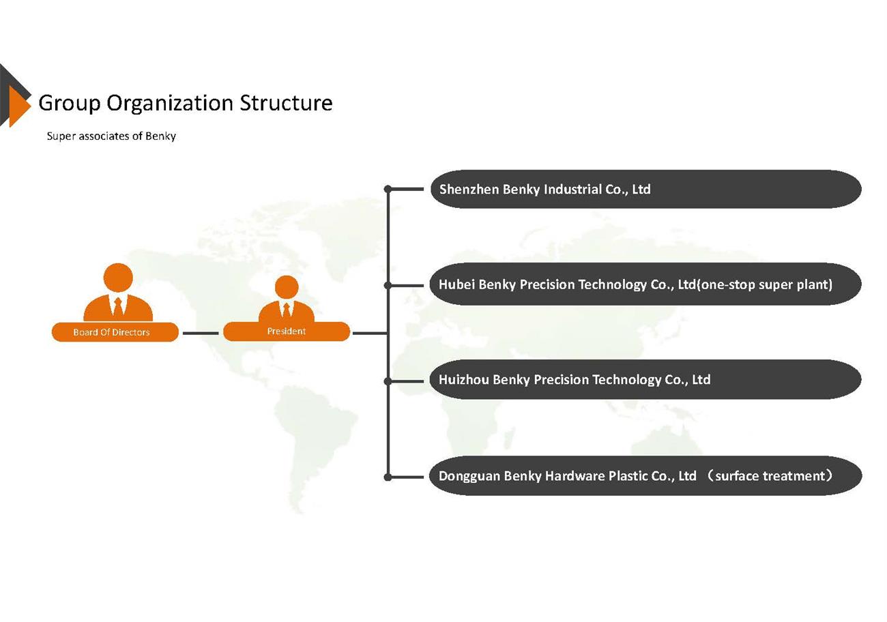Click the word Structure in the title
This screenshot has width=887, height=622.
point(286,103)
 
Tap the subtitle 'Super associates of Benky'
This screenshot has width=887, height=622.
point(111,136)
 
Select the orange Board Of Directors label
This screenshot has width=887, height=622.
point(115,332)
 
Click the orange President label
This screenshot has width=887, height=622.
point(287,331)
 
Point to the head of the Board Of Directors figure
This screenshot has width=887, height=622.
point(118,278)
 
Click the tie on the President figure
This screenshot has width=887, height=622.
point(287,310)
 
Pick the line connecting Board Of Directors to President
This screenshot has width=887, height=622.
point(201,334)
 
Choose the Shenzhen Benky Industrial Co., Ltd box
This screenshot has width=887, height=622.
point(645,189)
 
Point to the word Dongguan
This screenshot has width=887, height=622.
point(469,476)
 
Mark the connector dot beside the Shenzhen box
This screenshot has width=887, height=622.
point(388,189)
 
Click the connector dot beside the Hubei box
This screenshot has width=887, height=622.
point(388,285)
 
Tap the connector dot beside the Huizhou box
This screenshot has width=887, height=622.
point(388,381)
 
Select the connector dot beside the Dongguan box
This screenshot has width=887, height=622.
point(388,477)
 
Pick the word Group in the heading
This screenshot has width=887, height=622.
point(70,103)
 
